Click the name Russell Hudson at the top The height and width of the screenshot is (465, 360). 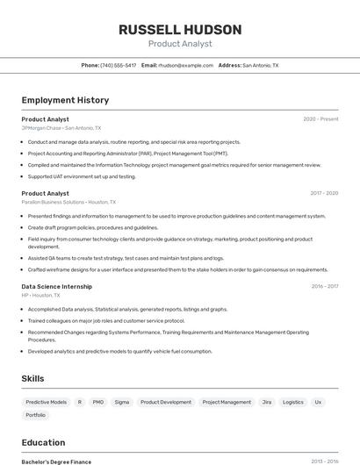click(180, 29)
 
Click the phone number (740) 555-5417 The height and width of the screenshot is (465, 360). click(118, 65)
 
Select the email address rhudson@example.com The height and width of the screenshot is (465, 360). click(186, 65)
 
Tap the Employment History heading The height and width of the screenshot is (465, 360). click(65, 100)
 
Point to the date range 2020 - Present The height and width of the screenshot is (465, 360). click(320, 118)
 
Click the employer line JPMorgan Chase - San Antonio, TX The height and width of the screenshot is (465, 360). click(61, 127)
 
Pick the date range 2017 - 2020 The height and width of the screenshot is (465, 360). click(324, 193)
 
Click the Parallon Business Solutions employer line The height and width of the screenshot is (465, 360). click(68, 202)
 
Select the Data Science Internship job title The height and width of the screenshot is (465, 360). click(57, 286)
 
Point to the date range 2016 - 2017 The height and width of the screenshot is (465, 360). click(324, 286)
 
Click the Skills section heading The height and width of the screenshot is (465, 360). click(33, 378)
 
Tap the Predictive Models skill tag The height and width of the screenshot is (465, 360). click(46, 402)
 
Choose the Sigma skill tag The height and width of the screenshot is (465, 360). click(122, 402)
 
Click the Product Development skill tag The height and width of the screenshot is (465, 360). click(166, 402)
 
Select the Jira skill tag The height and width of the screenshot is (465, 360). click(266, 402)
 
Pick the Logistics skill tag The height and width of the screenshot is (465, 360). click(293, 402)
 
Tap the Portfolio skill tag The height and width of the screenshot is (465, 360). click(36, 415)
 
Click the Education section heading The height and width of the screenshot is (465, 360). click(43, 442)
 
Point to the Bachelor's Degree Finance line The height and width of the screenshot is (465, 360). click(56, 461)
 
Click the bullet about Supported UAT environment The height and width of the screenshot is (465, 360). click(82, 176)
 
